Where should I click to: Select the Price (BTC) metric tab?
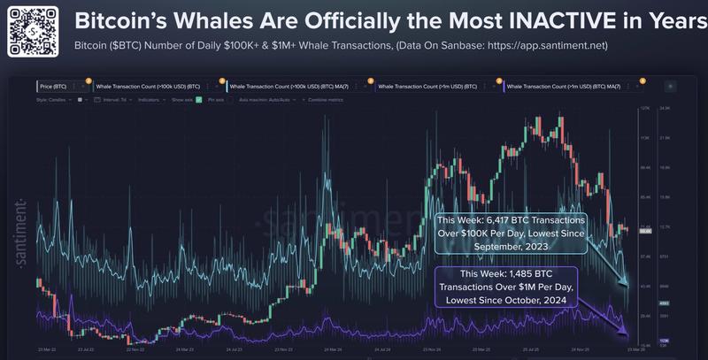pos(53,87)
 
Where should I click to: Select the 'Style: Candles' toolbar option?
pos(53,100)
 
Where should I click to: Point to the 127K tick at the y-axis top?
pos(644,109)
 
